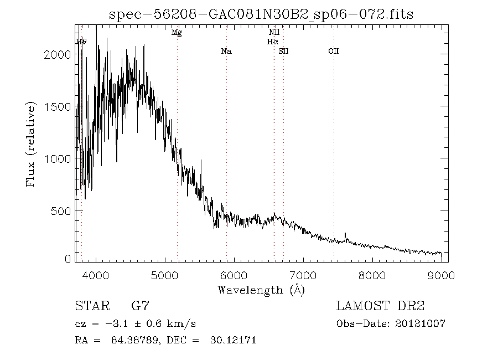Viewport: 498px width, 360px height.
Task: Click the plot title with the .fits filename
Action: [x=261, y=13]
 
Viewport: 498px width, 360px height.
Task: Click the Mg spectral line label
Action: [x=177, y=33]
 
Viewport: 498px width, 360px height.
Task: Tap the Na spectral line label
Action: [x=226, y=52]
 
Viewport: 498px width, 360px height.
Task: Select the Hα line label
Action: [x=272, y=42]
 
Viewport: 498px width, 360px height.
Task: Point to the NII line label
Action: [x=274, y=33]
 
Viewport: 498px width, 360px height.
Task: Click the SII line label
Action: [x=283, y=52]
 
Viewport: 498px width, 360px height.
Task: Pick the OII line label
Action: [x=333, y=52]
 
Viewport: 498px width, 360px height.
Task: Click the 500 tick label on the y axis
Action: [x=61, y=210]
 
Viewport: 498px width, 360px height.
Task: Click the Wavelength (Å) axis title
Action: [x=261, y=289]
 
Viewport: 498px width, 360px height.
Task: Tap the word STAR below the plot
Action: [x=90, y=306]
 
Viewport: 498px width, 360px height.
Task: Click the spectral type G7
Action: [x=139, y=306]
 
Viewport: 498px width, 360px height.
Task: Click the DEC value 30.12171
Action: [x=232, y=340]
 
